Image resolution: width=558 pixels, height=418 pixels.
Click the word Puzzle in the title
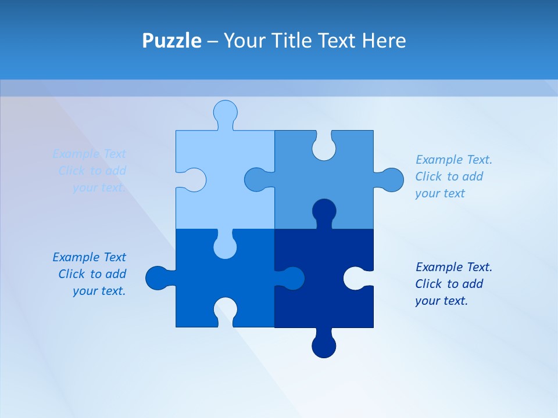(171, 41)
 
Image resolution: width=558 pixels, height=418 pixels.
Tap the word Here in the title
(384, 41)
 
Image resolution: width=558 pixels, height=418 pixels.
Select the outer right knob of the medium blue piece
(391, 180)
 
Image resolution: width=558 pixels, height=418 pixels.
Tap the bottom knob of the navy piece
(324, 345)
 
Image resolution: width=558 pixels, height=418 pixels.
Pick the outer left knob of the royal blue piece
(158, 278)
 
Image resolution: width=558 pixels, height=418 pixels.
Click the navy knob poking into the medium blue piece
(324, 211)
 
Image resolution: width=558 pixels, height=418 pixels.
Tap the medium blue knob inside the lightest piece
(257, 179)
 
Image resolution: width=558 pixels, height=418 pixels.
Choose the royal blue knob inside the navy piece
(291, 278)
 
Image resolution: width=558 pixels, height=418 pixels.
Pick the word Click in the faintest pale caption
(71, 171)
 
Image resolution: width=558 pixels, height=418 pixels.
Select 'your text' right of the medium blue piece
(440, 193)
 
